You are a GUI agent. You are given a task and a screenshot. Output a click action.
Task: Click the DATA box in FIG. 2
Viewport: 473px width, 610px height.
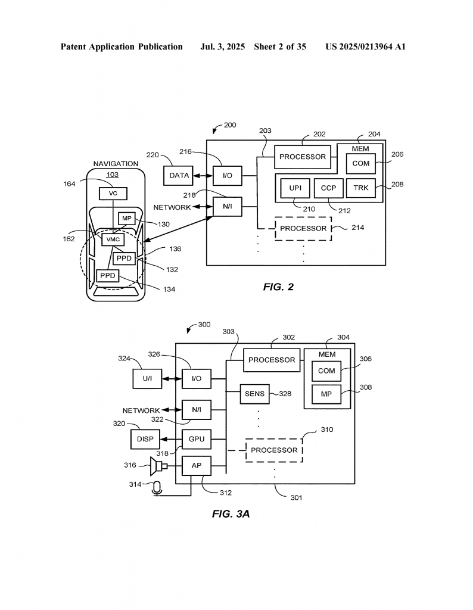pos(178,176)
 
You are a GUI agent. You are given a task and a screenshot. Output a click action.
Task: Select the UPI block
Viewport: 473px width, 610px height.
pos(295,188)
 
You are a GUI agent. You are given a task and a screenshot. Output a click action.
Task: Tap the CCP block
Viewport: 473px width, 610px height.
pos(328,188)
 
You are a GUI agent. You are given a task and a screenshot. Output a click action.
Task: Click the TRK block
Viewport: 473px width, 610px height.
pos(360,188)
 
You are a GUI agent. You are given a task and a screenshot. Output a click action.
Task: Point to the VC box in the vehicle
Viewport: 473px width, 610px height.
pos(113,194)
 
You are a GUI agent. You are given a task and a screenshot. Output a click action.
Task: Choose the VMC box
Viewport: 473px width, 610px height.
pos(113,239)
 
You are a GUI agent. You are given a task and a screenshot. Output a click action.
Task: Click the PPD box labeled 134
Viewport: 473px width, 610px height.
pos(107,276)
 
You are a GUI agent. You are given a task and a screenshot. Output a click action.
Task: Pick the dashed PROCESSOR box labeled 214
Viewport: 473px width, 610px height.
pos(303,228)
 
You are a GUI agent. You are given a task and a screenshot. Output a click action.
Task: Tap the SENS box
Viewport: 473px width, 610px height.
pos(254,394)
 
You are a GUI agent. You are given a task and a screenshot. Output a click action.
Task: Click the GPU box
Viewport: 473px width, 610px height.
pos(197,439)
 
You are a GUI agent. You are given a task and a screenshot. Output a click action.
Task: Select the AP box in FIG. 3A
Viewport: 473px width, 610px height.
pos(197,466)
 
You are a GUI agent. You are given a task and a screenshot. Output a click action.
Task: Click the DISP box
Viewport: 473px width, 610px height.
pos(145,439)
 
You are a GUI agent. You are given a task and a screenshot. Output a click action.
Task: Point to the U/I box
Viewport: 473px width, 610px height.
pos(147,378)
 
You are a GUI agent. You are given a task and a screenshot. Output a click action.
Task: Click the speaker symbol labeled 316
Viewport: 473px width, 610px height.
pos(158,466)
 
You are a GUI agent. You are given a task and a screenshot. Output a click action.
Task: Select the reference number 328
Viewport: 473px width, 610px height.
pos(285,394)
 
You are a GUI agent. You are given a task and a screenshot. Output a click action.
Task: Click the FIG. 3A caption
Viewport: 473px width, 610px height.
pos(231,514)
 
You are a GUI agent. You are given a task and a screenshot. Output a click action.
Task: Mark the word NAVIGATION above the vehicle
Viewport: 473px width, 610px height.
pos(116,164)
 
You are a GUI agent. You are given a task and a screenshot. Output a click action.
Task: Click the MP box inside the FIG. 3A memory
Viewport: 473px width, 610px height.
pos(326,394)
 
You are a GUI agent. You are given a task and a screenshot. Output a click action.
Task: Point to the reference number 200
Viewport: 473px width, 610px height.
pos(230,125)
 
